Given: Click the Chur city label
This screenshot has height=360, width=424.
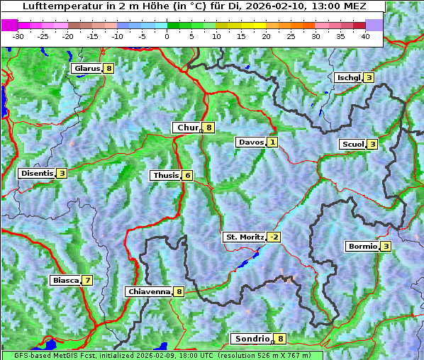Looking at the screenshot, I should [x=188, y=128].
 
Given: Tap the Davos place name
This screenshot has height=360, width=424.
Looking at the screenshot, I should [x=251, y=142].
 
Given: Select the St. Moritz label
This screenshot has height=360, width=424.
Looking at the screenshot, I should [x=244, y=237].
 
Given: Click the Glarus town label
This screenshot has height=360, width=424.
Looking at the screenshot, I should [x=87, y=69].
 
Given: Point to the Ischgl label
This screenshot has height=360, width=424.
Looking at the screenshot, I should [x=348, y=77].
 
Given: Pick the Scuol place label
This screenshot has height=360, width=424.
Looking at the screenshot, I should [x=352, y=145].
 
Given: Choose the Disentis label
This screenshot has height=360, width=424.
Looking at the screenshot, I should [x=37, y=173].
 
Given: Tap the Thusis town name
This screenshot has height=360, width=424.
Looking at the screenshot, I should [x=165, y=175].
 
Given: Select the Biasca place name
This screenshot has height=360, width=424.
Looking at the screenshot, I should [x=65, y=280].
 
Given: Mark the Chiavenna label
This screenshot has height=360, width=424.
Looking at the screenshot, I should [x=148, y=291].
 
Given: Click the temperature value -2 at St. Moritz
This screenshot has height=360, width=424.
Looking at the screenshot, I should [x=274, y=237].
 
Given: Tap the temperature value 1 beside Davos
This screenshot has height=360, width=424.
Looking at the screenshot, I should [x=272, y=142].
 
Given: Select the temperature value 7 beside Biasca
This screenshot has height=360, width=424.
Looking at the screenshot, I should [x=87, y=280].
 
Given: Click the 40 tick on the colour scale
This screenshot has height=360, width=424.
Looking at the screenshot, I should [x=365, y=36].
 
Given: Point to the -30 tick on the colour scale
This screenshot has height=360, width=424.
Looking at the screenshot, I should [x=18, y=36].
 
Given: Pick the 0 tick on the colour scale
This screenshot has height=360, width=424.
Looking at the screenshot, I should [x=167, y=36].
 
